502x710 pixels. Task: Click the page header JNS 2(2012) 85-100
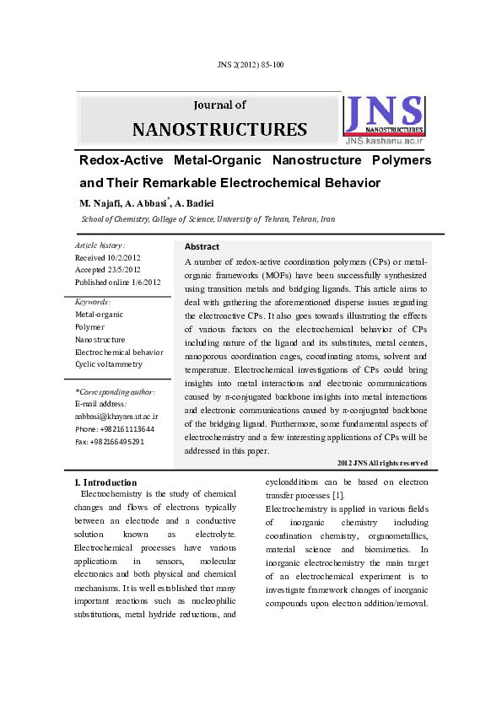[251, 64]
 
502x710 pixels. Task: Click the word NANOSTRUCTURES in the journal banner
[219, 129]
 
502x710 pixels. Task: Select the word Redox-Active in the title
[119, 160]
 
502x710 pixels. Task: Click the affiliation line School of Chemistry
[208, 219]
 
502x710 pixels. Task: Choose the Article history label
[100, 245]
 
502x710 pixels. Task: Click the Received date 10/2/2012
[107, 257]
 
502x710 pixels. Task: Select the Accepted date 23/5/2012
[107, 270]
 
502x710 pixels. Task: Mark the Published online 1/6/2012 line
[117, 282]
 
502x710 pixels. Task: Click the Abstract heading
[202, 247]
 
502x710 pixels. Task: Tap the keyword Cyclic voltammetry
[109, 364]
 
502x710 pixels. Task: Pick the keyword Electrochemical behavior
[119, 352]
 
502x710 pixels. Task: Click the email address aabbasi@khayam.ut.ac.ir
[116, 416]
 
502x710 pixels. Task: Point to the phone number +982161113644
[115, 428]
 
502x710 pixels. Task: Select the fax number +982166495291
[110, 441]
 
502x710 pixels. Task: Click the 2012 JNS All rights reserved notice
[381, 463]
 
